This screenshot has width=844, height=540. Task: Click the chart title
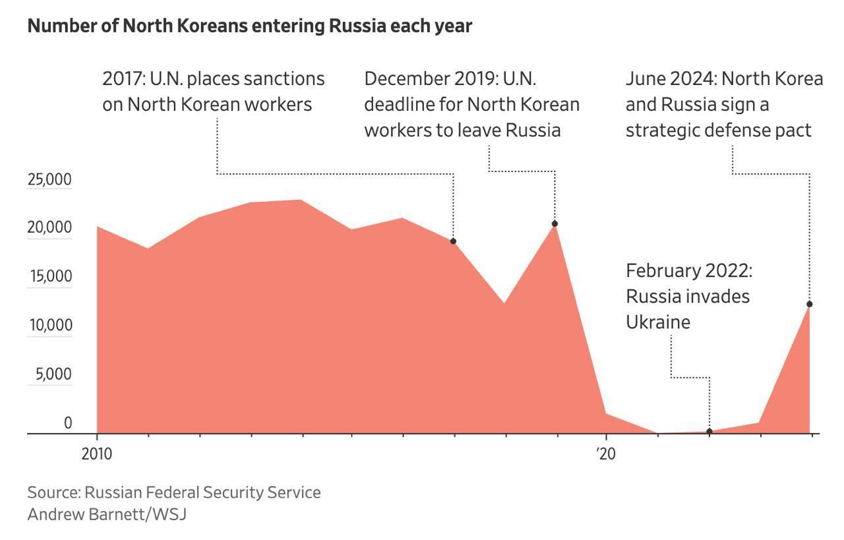click(250, 26)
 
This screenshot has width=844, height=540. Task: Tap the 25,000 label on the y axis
click(49, 179)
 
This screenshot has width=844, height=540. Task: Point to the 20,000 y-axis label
click(49, 228)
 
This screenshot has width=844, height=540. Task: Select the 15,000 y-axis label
click(49, 277)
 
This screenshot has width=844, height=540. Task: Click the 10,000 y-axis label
click(49, 326)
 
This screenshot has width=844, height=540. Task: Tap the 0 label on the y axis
click(67, 423)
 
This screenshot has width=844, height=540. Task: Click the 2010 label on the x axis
click(97, 454)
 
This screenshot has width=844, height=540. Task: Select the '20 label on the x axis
click(605, 454)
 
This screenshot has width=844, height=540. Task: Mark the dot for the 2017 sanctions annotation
click(453, 241)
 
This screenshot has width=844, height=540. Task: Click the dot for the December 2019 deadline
click(555, 224)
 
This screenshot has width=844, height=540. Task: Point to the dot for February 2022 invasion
click(709, 431)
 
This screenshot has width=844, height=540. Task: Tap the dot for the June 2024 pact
click(809, 304)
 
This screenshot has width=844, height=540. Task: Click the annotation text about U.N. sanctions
click(213, 91)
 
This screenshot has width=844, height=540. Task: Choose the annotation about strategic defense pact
click(723, 104)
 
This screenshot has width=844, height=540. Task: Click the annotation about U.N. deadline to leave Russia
click(471, 104)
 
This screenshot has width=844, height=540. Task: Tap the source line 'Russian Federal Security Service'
click(174, 493)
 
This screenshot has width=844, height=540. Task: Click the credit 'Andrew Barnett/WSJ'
click(107, 514)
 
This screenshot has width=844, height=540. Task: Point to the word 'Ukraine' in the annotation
click(658, 322)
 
